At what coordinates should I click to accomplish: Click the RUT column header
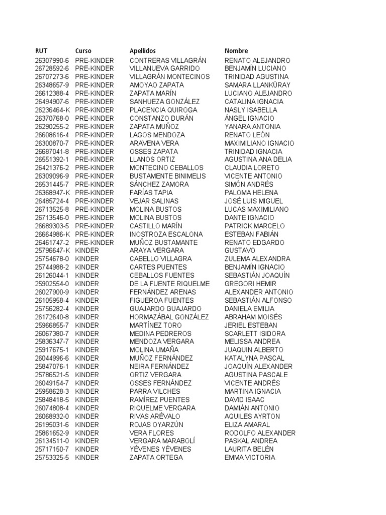pyautogui.click(x=41, y=51)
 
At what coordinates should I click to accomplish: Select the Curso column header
pyautogui.click(x=83, y=51)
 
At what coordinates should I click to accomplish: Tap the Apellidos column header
pyautogui.click(x=143, y=51)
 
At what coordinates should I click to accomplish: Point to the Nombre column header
pyautogui.click(x=236, y=51)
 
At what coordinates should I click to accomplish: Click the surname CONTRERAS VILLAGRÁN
pyautogui.click(x=168, y=60)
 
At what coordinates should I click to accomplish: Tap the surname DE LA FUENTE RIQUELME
pyautogui.click(x=169, y=284)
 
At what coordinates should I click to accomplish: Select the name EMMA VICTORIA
pyautogui.click(x=250, y=458)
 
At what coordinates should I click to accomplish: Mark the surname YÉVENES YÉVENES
pyautogui.click(x=160, y=450)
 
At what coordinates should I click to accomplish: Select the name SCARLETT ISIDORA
pyautogui.click(x=255, y=334)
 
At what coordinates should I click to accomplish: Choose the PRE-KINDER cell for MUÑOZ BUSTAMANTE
pyautogui.click(x=94, y=242)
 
